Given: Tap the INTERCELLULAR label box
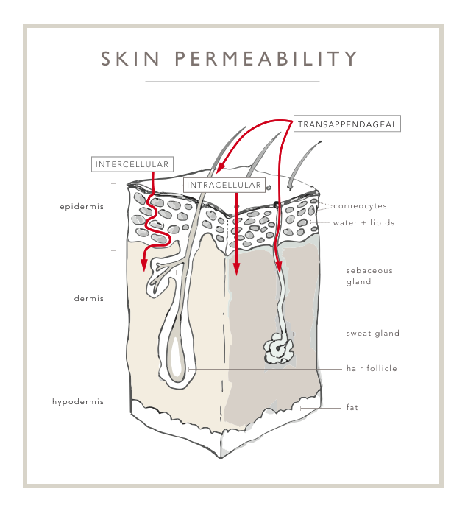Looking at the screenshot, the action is coord(132,164).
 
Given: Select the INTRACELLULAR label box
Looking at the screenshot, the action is coord(224,185).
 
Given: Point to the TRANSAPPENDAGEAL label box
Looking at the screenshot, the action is coord(347,124).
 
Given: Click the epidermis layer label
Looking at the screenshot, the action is coord(82,207).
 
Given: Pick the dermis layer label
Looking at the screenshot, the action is coord(89,299).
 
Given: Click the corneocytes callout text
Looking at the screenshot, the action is coord(360,206).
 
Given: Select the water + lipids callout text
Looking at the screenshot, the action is coord(363,222).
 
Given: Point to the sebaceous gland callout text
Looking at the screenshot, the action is coord(369,275).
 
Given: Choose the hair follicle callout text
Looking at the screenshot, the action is coord(372,368).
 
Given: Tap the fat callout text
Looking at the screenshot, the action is coord(352,407).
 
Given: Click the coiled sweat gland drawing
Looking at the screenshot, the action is coord(278,347).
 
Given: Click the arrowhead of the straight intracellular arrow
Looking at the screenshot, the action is coord(236,271).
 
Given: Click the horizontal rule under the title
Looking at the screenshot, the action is coord(232,81).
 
